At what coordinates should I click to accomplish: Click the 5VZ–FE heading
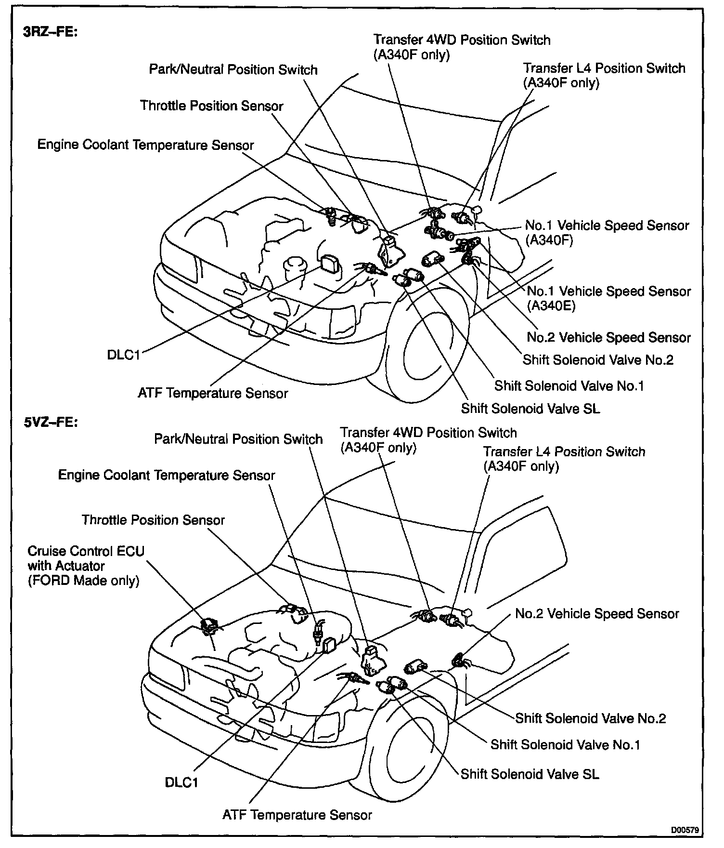point(50,423)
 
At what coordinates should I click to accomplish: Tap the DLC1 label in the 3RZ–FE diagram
point(123,355)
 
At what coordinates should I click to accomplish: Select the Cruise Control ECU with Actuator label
point(86,566)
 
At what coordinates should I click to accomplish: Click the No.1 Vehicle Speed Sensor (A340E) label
point(608,298)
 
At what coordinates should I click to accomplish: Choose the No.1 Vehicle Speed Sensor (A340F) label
point(607,232)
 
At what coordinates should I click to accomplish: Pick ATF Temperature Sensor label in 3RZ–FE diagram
point(213,393)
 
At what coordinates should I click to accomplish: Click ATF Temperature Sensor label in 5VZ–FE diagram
point(297,815)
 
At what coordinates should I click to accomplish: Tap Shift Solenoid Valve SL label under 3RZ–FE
point(530,409)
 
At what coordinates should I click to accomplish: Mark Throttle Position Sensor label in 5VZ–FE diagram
point(153,520)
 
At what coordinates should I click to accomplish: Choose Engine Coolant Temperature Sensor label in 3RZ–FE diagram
point(145,145)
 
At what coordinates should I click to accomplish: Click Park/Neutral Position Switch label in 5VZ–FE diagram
point(238,439)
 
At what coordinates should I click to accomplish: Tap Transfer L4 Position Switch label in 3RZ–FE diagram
point(604,75)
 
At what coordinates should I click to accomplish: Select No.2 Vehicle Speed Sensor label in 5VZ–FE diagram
point(597,613)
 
